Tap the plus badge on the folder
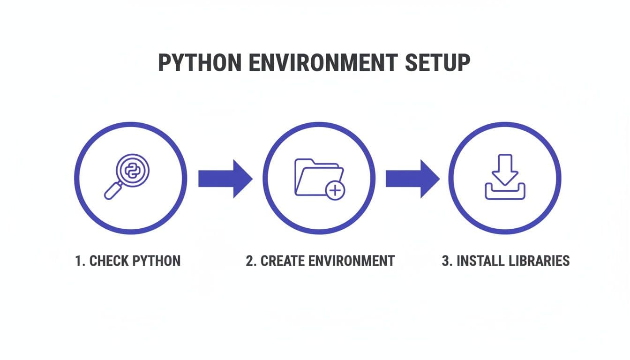pyautogui.click(x=335, y=191)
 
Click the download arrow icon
pyautogui.click(x=505, y=169)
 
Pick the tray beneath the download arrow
pyautogui.click(x=505, y=192)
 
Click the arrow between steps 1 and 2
pyautogui.click(x=225, y=179)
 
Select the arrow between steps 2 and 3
pyautogui.click(x=412, y=179)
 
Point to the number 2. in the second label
pyautogui.click(x=252, y=261)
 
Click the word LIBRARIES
pyautogui.click(x=540, y=261)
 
